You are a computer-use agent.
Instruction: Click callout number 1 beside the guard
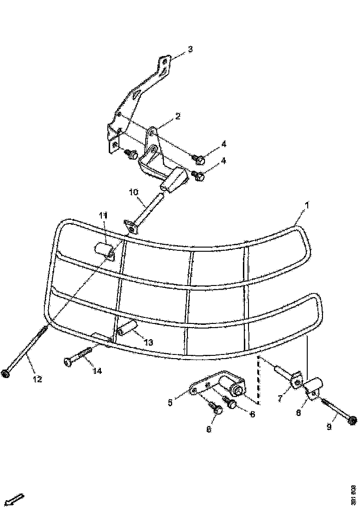(307, 204)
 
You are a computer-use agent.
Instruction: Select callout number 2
(178, 116)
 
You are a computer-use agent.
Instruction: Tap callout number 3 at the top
(190, 49)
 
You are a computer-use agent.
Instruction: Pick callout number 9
(329, 427)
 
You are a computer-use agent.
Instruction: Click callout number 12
(37, 379)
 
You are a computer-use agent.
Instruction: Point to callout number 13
(148, 342)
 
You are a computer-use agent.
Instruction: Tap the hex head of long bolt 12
(6, 373)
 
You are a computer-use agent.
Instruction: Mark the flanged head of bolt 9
(352, 420)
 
